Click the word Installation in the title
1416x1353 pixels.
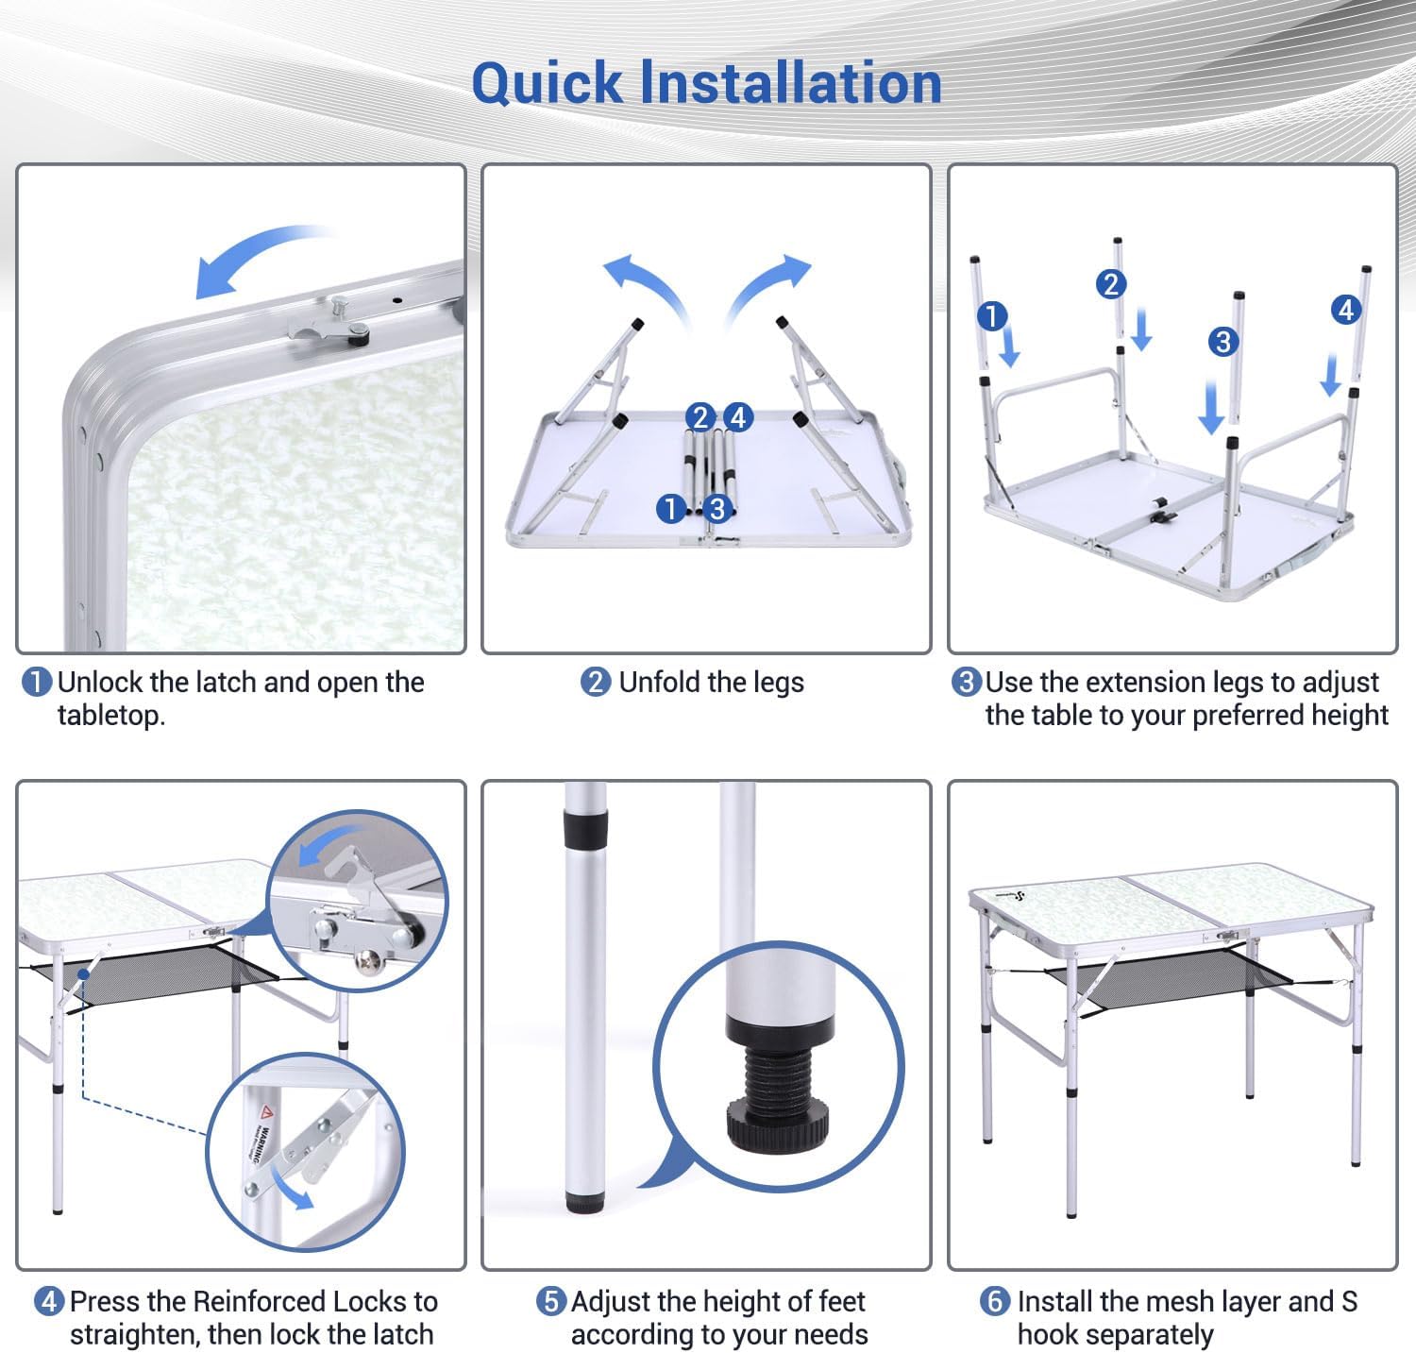coord(791,82)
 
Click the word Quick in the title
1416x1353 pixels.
coord(548,84)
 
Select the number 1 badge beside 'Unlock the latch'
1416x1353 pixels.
coord(36,683)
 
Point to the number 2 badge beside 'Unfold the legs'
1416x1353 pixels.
coord(596,683)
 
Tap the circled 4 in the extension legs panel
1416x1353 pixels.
coord(1346,309)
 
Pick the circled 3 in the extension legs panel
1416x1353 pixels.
coord(1223,341)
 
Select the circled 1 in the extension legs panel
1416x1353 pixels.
coord(991,315)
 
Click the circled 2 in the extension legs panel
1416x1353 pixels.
coord(1110,284)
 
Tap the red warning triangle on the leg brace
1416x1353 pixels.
coord(266,1111)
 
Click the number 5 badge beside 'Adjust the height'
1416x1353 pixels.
coord(551,1302)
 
